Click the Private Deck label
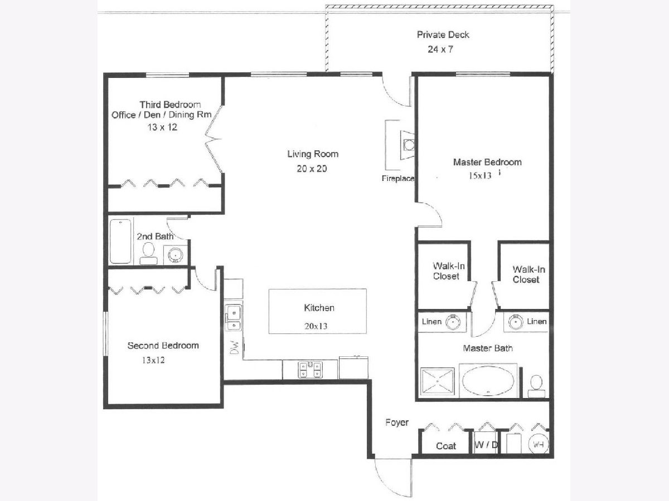tap(443, 35)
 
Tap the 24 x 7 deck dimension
tap(440, 50)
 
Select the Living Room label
tap(313, 154)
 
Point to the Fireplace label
tap(397, 178)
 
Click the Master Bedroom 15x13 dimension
tap(480, 175)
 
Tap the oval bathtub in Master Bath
tap(488, 381)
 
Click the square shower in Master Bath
tap(438, 381)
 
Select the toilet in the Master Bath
tap(536, 386)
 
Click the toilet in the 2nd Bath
tap(148, 253)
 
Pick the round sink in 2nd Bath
tap(176, 254)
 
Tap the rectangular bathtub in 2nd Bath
tap(120, 241)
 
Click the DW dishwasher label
tap(234, 347)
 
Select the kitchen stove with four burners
tap(310, 370)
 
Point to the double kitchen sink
tap(234, 318)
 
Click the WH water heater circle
tap(538, 444)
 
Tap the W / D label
tap(486, 445)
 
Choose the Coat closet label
tap(446, 446)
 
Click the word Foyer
tap(397, 423)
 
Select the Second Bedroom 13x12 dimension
tap(153, 360)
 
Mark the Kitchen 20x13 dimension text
tap(316, 326)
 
